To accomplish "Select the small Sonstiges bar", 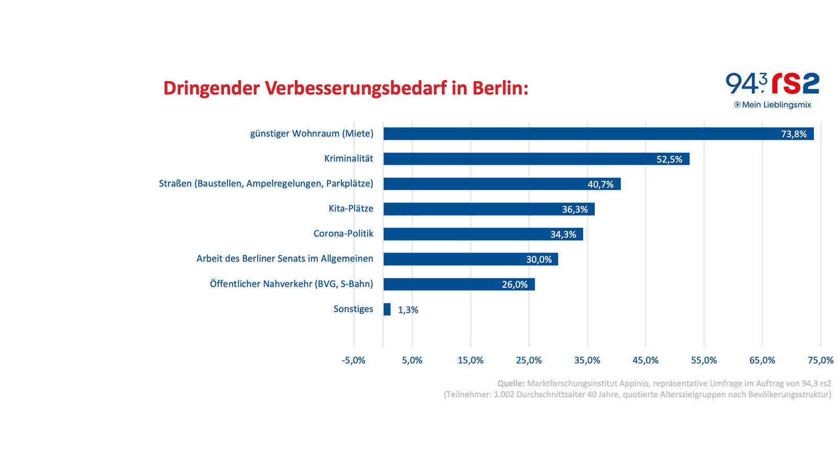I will tap(387, 309).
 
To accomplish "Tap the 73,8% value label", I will tap(793, 134).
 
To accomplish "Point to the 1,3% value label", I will tap(408, 310).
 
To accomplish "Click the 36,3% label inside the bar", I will tap(575, 209).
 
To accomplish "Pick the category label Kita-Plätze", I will tap(351, 208).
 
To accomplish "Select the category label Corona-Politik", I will tap(343, 233).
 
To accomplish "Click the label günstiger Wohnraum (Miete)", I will tap(312, 133).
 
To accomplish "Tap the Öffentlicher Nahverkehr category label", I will tap(291, 284).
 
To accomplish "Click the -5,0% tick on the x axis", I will tap(354, 360).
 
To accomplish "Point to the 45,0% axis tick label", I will tap(645, 360).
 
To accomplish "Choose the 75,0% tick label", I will tap(820, 360).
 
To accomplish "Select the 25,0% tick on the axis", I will tap(528, 360).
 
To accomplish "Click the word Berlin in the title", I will tap(500, 88).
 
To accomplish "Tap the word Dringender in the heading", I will tap(211, 88).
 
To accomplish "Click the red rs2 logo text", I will tap(796, 84).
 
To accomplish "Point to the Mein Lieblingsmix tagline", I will tap(776, 105).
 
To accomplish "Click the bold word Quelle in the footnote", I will tap(511, 383).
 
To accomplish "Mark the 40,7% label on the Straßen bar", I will tap(600, 184).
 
